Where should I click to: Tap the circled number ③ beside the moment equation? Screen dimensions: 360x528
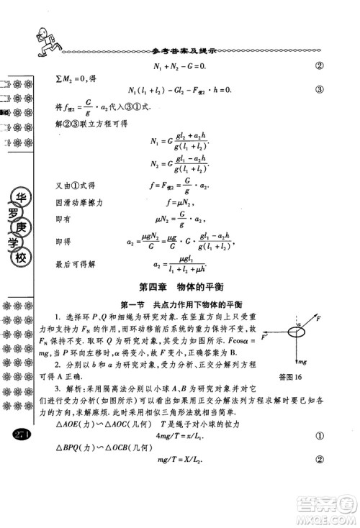[318, 90]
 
